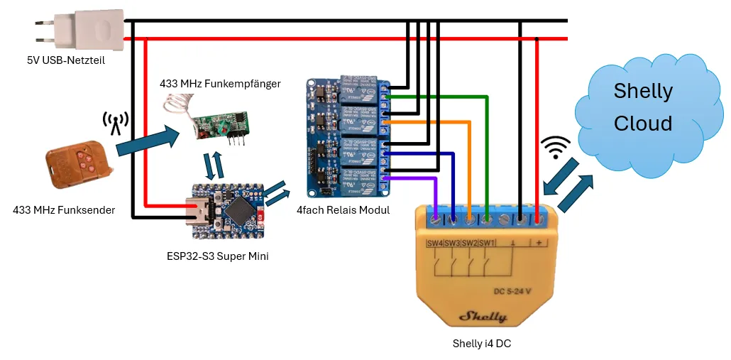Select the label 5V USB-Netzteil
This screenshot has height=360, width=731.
[65, 60]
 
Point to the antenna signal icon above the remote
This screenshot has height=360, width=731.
[115, 123]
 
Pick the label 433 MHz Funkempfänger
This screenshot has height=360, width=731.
[220, 84]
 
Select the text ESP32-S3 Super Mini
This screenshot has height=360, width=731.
[212, 256]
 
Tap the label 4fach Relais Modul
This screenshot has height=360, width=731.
[343, 209]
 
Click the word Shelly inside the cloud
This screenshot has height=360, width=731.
[642, 91]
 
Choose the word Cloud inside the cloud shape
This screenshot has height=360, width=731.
[642, 123]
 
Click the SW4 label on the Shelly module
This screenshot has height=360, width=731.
[434, 244]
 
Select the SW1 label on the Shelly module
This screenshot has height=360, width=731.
[487, 244]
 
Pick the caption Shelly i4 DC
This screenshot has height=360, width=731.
[481, 344]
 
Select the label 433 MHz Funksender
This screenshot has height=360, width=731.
[64, 209]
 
